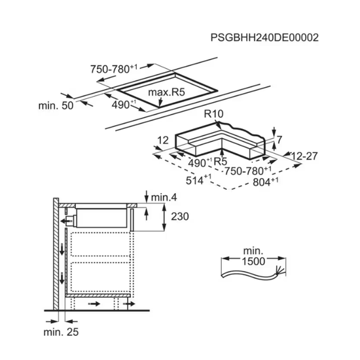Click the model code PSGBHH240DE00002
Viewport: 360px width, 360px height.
pos(264,38)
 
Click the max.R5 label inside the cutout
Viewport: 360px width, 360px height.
pos(166,92)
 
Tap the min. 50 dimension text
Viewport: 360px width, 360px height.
pos(56,106)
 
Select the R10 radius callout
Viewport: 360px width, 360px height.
pos(213,114)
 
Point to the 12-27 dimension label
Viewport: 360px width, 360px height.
pos(304,156)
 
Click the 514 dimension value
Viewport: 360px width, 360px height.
pos(198,180)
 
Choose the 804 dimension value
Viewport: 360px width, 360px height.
pos(266,182)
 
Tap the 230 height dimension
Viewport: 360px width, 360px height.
pos(180,217)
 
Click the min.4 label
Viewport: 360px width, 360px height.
pos(164,198)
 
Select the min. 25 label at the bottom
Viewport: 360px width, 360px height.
pos(61,332)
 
